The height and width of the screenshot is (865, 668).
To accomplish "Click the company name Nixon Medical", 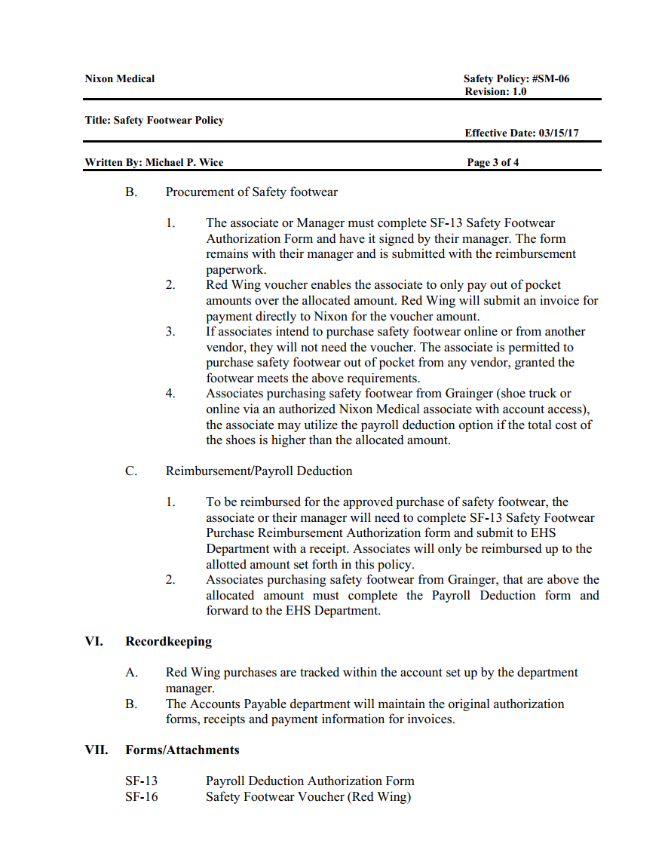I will [119, 78].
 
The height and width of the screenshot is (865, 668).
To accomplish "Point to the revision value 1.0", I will [519, 91].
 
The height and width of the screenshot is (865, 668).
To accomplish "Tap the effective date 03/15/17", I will [559, 133].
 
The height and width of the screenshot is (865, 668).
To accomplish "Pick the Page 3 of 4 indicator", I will [492, 162].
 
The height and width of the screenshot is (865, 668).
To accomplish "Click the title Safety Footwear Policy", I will [168, 120].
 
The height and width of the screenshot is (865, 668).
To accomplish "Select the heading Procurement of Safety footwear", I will [251, 192].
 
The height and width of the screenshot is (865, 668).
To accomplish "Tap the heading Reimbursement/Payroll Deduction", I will [259, 471].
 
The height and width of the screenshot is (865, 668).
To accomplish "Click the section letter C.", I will [131, 471].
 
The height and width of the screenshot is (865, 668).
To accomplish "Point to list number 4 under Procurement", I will [171, 394].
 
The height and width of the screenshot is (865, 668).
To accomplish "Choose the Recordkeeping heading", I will [168, 642].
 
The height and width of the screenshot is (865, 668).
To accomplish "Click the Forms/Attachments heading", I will [182, 750].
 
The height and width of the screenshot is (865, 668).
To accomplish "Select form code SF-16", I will [142, 797].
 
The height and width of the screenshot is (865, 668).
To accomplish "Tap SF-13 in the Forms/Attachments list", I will [142, 781].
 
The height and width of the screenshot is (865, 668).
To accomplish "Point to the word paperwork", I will [236, 269].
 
